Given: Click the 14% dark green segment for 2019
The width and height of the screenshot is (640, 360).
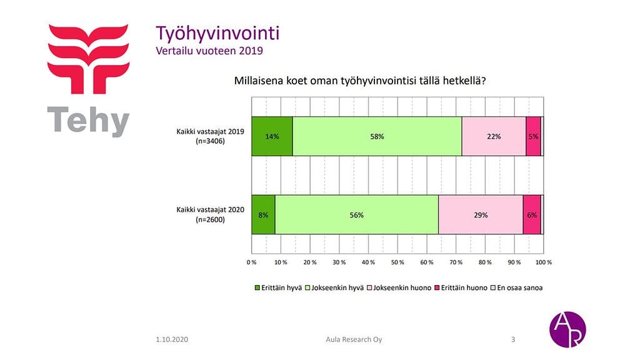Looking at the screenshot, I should click(x=272, y=136).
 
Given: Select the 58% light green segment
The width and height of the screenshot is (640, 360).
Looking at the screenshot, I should click(x=377, y=136).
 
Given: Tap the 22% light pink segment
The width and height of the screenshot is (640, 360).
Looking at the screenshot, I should click(x=494, y=136).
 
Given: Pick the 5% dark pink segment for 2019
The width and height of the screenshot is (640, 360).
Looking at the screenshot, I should click(x=533, y=136).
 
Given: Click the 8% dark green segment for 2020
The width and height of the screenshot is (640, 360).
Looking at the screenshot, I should click(x=263, y=215).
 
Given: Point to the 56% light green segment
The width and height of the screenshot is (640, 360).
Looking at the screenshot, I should click(x=356, y=215).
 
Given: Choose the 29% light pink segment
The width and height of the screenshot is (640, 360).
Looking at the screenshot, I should click(x=481, y=215).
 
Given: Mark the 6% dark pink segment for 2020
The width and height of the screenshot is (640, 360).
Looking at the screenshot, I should click(x=532, y=215).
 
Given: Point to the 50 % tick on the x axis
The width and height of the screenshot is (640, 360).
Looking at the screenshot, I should click(x=397, y=262).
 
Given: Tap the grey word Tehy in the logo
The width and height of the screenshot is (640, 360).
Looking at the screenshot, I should click(x=89, y=120).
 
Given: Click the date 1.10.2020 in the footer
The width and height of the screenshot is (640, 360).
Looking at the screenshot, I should click(x=172, y=339).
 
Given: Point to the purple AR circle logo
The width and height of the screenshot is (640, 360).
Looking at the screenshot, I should click(x=567, y=329).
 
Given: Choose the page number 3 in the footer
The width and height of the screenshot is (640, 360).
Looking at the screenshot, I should click(x=513, y=339).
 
